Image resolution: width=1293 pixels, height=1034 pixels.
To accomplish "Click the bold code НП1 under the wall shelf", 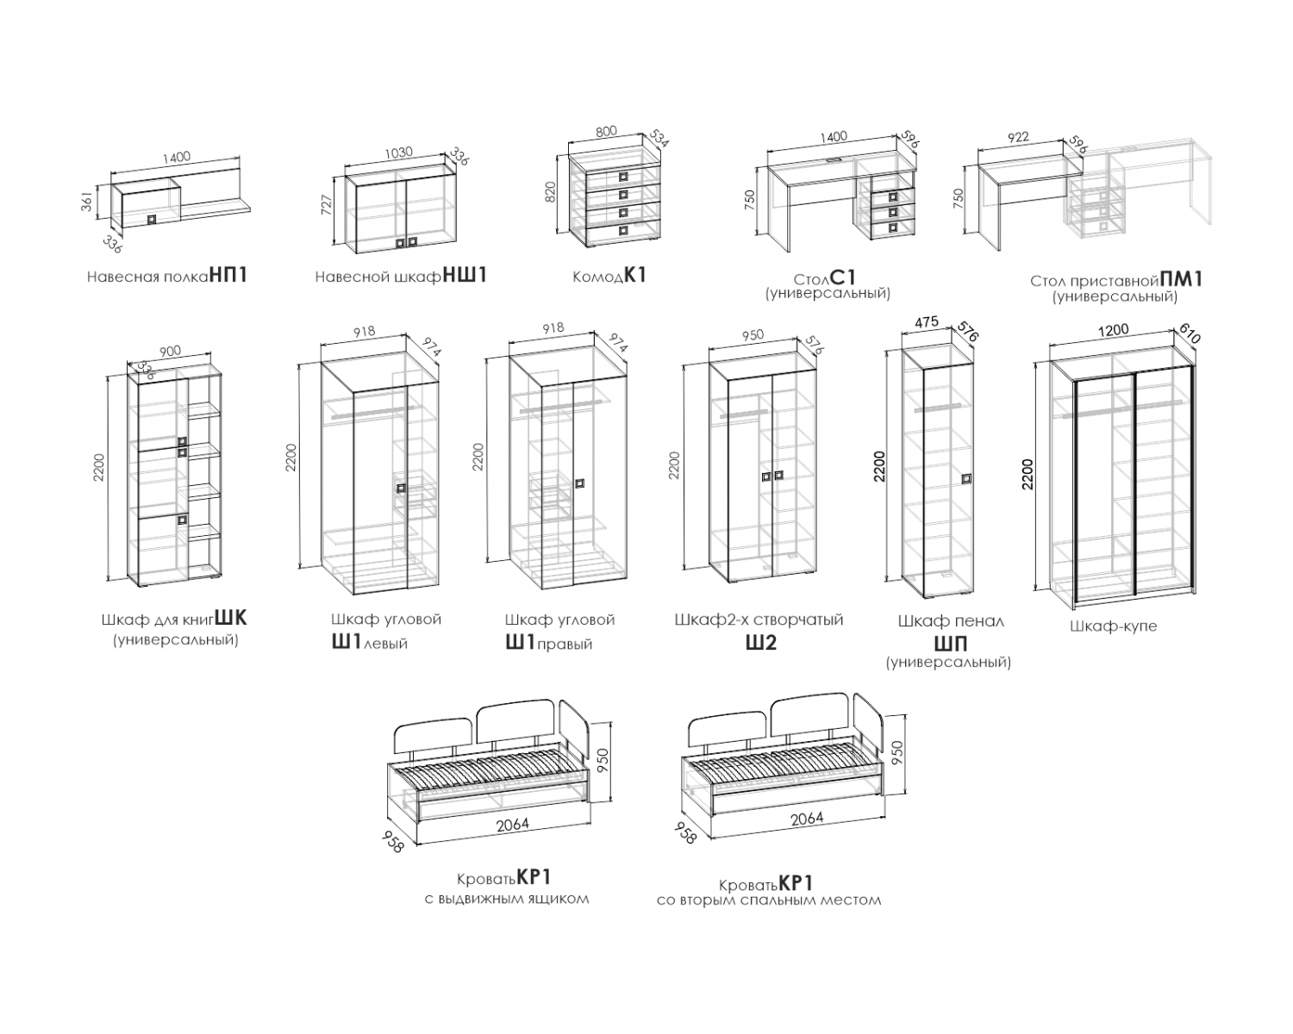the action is point(228,275).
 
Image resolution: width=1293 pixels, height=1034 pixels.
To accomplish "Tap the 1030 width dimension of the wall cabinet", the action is point(397,153).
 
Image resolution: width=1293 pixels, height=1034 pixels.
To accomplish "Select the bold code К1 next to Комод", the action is point(635,275).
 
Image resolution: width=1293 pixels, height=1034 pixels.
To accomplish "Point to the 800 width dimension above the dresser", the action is point(606,132).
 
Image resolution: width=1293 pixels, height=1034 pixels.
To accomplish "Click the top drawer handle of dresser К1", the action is point(624,177).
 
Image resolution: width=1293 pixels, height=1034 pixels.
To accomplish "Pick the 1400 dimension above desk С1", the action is point(833,136).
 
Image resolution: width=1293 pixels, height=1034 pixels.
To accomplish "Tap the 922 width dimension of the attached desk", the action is point(1018,137).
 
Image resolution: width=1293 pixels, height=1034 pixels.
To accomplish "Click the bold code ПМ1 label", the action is point(1181,279).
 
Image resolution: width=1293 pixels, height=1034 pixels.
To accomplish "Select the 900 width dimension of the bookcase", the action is point(170,352).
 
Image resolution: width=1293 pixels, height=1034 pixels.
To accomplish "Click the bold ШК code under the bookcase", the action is point(231,618).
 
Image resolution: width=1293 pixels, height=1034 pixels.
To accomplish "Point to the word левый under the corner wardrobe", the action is point(385,644).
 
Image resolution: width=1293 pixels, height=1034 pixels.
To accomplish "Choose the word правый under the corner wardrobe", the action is point(565,645).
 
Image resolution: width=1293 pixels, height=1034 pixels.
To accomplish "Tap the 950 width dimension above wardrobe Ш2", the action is point(753,335).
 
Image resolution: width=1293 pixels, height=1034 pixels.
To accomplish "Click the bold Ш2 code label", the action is point(760,643).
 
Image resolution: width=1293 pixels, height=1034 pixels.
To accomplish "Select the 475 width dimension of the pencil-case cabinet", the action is point(927,322).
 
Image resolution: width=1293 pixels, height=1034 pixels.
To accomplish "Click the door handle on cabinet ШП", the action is point(966,479).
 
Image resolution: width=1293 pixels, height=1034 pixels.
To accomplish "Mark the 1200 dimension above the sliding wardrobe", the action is point(1114,330).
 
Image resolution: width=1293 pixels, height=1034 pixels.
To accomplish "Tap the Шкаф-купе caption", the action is point(1114,626).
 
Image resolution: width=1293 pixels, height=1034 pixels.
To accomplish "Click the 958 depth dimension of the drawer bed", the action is point(394,841).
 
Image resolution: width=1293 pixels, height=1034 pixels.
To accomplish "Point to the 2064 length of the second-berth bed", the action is point(807,819).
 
